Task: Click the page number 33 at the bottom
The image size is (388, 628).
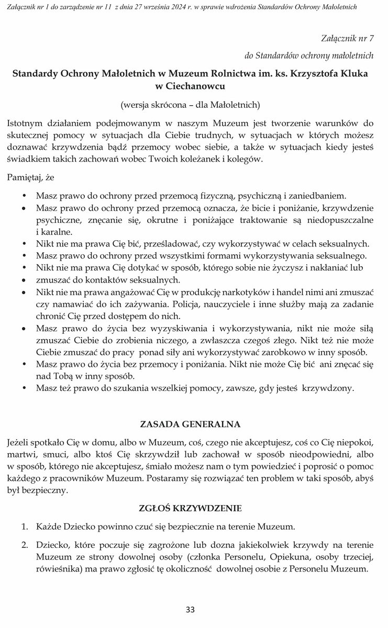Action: click(190, 609)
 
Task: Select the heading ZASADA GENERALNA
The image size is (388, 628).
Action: click(190, 422)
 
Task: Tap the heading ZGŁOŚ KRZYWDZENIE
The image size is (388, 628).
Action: click(190, 508)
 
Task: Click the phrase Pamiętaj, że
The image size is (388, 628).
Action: click(31, 177)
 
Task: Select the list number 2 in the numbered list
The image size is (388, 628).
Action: click(24, 545)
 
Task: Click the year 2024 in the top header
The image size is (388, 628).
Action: click(175, 6)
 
